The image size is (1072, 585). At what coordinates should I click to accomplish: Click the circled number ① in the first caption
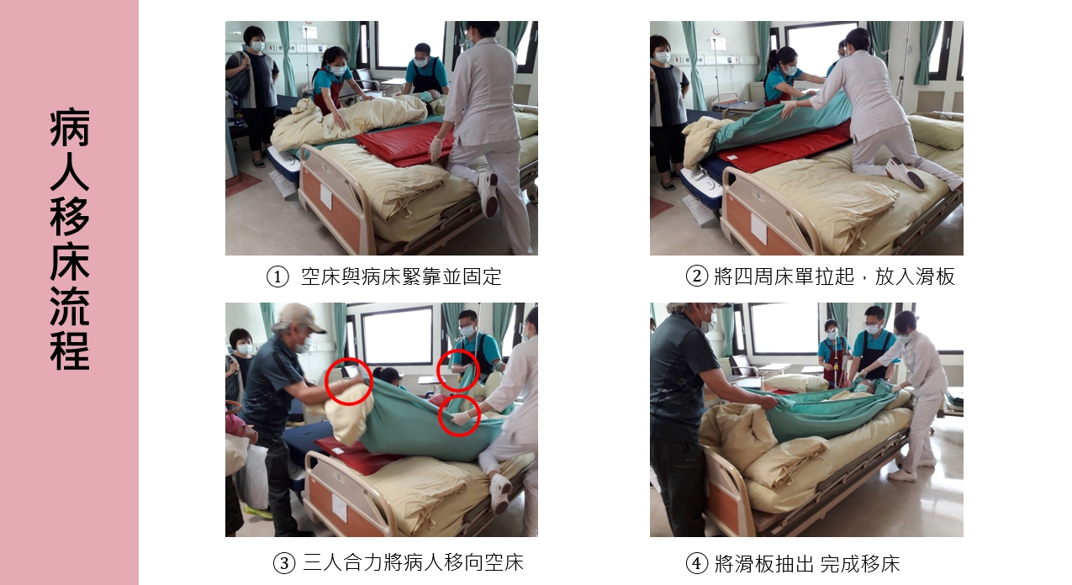click(277, 277)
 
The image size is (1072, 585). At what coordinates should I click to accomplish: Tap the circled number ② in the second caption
click(697, 277)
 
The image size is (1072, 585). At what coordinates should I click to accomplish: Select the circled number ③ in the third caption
click(284, 563)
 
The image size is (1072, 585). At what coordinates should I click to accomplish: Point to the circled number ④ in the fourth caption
click(697, 563)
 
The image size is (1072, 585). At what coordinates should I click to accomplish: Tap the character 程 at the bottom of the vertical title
click(70, 350)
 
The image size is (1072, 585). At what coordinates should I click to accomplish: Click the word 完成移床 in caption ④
click(860, 564)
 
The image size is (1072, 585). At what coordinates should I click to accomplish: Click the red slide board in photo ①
click(405, 144)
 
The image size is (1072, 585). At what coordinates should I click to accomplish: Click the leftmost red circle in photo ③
click(348, 382)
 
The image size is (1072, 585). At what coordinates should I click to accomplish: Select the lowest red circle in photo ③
click(459, 416)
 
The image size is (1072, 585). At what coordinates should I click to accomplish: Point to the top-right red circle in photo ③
click(458, 370)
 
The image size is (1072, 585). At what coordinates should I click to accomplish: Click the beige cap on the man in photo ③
click(302, 317)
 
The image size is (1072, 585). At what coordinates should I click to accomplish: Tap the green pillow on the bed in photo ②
click(935, 131)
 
